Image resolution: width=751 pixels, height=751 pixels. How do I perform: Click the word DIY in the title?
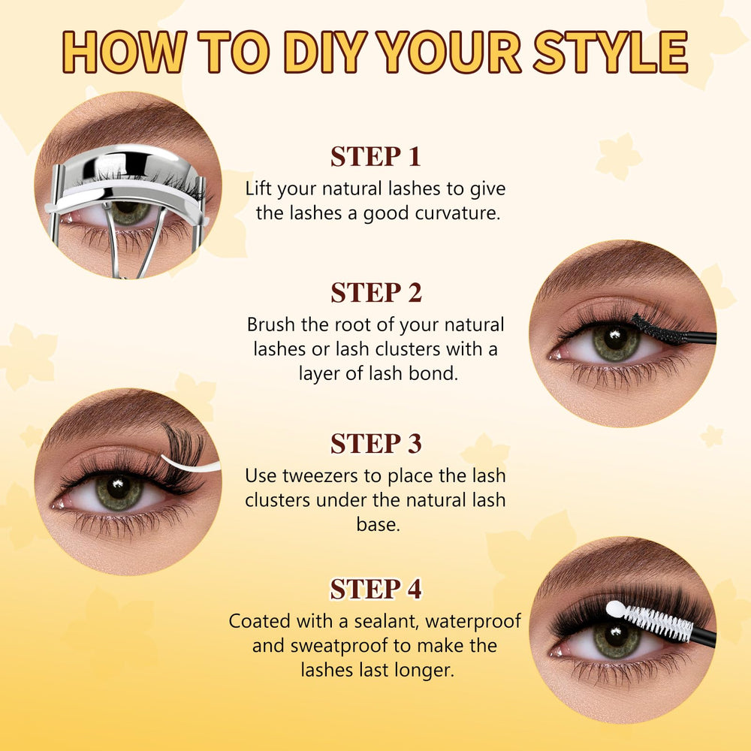point(326,52)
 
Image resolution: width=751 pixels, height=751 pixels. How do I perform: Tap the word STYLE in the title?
point(611,52)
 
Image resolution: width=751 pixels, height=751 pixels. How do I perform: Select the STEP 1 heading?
point(375,157)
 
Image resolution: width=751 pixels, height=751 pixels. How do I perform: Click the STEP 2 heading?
point(376,293)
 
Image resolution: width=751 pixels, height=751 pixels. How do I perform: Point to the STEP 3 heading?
point(376,444)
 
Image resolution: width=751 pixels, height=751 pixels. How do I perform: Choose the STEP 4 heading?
point(376,589)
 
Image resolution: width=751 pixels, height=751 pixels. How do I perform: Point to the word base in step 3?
point(378,525)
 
